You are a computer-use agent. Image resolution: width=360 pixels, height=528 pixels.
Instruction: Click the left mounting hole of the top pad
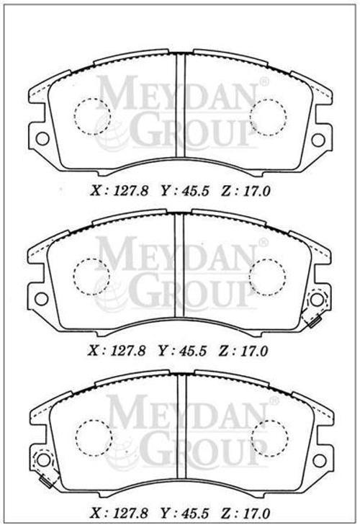click(42, 139)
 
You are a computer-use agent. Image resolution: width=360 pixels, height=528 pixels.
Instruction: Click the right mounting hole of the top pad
click(318, 140)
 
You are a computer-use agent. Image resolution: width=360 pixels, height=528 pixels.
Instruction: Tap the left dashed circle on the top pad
click(92, 117)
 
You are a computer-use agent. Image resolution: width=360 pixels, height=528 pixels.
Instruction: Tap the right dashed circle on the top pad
click(268, 117)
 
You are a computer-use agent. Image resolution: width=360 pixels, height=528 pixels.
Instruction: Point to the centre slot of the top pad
click(181, 105)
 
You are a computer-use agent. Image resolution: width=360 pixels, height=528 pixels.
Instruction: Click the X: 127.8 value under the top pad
click(119, 192)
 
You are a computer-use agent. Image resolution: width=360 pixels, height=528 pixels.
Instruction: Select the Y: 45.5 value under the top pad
click(184, 192)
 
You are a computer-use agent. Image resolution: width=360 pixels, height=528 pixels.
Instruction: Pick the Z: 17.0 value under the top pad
click(246, 192)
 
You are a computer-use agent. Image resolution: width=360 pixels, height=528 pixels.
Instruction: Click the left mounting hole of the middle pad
click(41, 299)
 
